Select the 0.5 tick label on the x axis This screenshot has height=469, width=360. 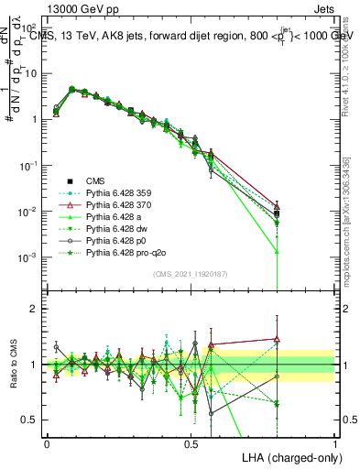[191, 442]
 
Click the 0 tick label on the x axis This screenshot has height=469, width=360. [47, 442]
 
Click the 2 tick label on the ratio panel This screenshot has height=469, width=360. [34, 309]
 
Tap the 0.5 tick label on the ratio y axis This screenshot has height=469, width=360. [30, 420]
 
